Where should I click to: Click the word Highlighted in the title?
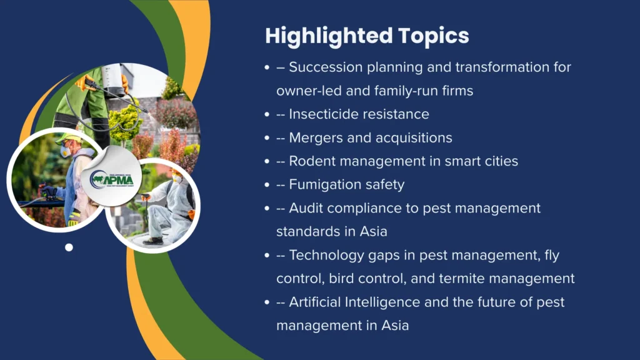pos(329,36)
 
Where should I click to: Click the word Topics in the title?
pos(434,36)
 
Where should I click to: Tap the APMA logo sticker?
pos(111,178)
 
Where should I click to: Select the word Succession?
pos(326,67)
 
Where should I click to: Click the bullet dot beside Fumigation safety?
pos(267,184)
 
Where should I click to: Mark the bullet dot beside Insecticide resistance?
pos(267,114)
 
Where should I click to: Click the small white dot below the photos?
pos(69,247)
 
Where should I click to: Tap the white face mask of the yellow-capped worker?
pos(64,152)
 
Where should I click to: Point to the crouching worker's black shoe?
pos(154,241)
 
